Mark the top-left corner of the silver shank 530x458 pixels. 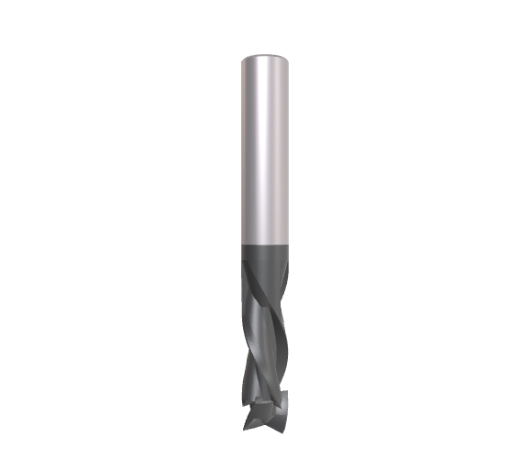click(242, 59)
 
